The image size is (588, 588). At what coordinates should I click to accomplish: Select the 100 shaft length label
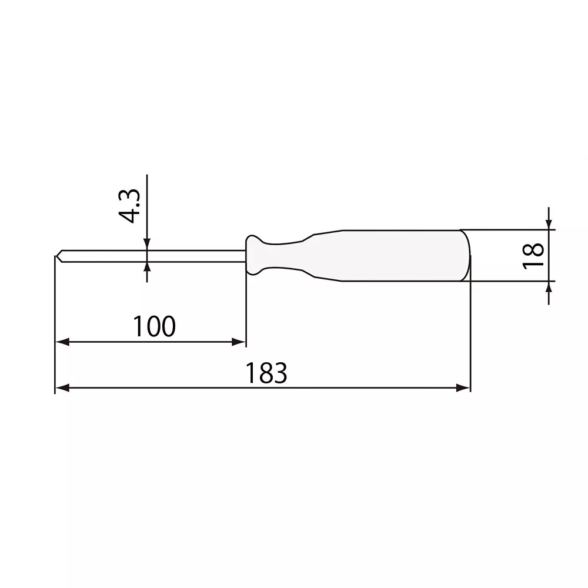[153, 326]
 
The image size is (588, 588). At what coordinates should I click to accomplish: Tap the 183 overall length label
[266, 373]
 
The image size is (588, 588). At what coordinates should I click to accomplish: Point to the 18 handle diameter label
[533, 256]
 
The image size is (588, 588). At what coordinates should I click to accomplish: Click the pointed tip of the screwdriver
[57, 256]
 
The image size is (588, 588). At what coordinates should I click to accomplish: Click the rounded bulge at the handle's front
[254, 255]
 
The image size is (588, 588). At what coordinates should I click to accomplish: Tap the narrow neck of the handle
[288, 256]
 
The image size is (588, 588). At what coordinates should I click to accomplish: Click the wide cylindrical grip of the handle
[400, 256]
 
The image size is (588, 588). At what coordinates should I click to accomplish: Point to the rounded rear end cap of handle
[467, 256]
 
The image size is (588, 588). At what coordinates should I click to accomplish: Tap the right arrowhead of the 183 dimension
[464, 388]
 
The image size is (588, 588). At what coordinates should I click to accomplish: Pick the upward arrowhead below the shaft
[146, 268]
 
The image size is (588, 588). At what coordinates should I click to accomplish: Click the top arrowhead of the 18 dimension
[548, 224]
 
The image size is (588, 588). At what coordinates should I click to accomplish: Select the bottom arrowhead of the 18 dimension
[548, 286]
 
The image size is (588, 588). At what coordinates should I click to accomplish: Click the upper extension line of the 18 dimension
[506, 229]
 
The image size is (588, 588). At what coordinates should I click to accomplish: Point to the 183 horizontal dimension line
[265, 388]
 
